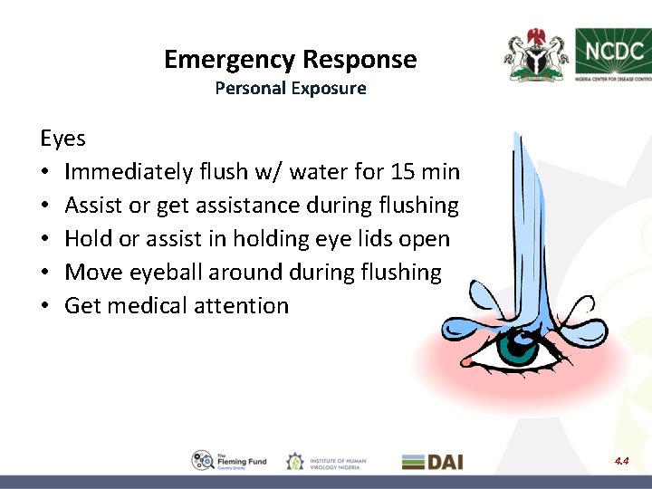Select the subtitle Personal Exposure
pyautogui.click(x=291, y=89)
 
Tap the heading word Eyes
pyautogui.click(x=62, y=139)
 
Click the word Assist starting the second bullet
pyautogui.click(x=93, y=206)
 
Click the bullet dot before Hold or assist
pyautogui.click(x=46, y=240)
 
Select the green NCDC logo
pyautogui.click(x=611, y=52)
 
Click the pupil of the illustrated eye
pyautogui.click(x=518, y=347)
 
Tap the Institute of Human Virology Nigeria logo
pyautogui.click(x=326, y=462)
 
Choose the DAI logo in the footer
pyautogui.click(x=432, y=462)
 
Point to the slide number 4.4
pyautogui.click(x=620, y=461)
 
